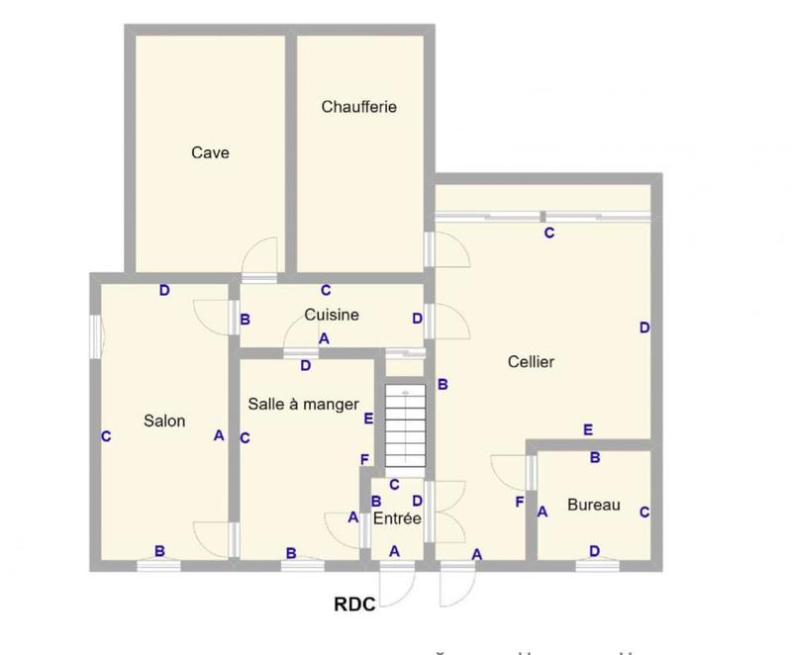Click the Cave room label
(210, 152)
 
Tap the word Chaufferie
(359, 107)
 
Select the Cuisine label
(332, 316)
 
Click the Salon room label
(164, 421)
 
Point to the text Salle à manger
(303, 403)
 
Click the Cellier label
(532, 362)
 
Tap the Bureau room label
(594, 505)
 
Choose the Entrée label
(397, 517)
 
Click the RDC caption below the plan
(353, 605)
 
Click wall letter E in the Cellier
(588, 430)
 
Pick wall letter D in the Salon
(165, 290)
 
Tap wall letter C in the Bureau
(644, 512)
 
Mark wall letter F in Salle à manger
(365, 459)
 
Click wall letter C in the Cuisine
(325, 290)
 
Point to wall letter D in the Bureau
(594, 551)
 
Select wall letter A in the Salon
(219, 435)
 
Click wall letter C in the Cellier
(548, 234)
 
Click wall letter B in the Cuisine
(245, 320)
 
